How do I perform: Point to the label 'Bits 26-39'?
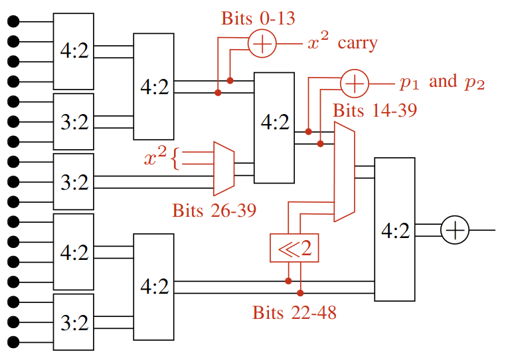(x=214, y=211)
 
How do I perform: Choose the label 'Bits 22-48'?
(x=294, y=312)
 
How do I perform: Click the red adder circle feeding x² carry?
(x=262, y=44)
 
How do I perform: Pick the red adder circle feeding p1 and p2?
(x=355, y=84)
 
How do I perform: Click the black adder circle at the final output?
(x=455, y=229)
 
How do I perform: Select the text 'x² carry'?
(x=341, y=44)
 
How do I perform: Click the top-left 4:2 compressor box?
(x=74, y=51)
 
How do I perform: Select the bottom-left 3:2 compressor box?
(x=74, y=322)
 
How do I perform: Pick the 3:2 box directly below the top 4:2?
(x=74, y=121)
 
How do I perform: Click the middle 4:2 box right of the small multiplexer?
(x=274, y=127)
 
